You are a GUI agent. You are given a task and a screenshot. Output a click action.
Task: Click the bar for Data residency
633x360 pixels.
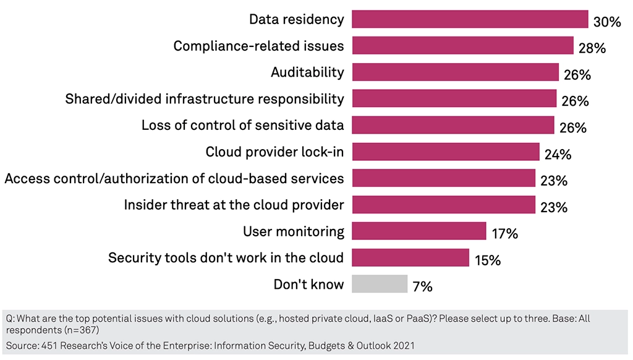pos(470,19)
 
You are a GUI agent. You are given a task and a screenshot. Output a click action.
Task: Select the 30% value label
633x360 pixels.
pos(606,22)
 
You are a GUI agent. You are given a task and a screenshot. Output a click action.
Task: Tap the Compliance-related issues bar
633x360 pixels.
pos(462,46)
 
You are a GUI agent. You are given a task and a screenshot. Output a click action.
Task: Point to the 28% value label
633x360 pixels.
pos(592,48)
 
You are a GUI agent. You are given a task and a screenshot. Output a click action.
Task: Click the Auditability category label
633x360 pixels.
pos(307,72)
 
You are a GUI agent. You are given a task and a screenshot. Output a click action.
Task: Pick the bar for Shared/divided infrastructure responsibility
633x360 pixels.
pos(454,99)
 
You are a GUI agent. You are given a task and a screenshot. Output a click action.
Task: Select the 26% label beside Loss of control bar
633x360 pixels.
pos(572,128)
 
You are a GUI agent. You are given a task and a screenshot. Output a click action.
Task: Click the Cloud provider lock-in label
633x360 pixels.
pos(274,152)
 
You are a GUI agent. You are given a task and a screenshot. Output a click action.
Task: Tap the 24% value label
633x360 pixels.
pos(558,155)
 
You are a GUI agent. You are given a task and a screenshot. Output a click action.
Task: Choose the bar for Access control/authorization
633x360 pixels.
pos(443,178)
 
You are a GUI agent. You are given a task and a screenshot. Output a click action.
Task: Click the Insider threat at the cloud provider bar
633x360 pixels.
pos(443,205)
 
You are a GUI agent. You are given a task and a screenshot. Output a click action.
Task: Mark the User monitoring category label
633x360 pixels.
pos(294,232)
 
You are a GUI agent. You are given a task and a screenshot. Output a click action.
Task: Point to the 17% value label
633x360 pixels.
pos(504,234)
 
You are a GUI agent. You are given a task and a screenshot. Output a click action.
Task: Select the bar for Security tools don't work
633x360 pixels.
pos(410,258)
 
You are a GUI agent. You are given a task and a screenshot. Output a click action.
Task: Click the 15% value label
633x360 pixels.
pos(487,261)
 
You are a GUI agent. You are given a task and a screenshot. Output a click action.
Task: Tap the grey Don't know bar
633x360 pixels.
pos(380,284)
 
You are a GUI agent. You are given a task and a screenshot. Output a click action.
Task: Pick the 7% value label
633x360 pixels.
pos(422,287)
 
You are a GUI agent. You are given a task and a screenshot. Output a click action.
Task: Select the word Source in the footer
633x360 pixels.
pos(21,345)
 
